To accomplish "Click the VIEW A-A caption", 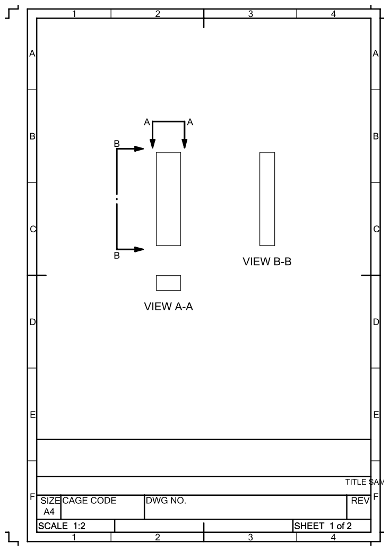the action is [168, 307].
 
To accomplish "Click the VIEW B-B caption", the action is [267, 261].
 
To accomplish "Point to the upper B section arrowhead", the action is [139, 148].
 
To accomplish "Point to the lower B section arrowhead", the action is [139, 249].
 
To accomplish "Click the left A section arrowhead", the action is [152, 144].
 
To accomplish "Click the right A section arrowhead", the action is [185, 144].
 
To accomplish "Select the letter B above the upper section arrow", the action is [117, 144].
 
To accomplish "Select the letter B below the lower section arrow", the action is [117, 256].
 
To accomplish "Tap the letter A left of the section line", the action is [147, 123].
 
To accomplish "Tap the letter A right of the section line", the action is [190, 123].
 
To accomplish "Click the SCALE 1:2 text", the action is [62, 526].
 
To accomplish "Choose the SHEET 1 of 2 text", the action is [323, 526].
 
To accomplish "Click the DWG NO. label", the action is [166, 501].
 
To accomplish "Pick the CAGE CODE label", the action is [89, 501].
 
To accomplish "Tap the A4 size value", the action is [49, 512].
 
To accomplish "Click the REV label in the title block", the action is [360, 501].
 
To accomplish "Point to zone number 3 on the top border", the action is [250, 14].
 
